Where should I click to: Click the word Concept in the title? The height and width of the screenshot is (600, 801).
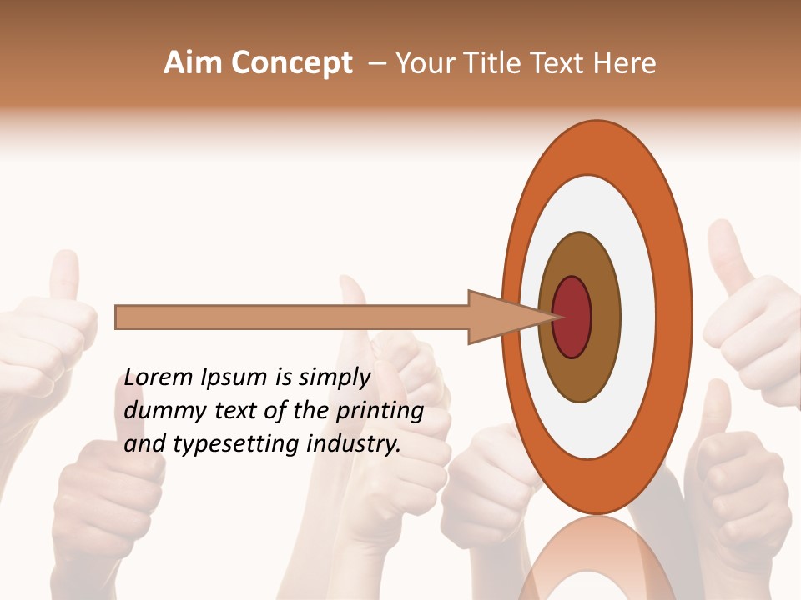coord(291,63)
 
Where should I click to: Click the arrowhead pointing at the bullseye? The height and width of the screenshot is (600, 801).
coord(501,317)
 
